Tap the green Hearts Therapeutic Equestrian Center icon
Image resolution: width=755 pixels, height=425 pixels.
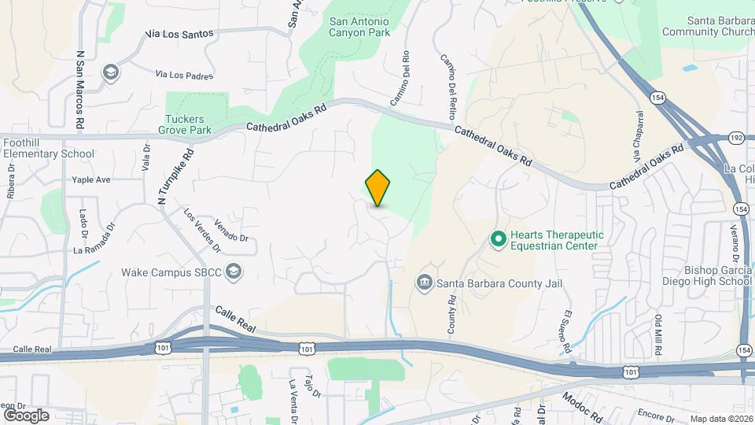click(498, 238)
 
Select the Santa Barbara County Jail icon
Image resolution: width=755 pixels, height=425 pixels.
click(424, 282)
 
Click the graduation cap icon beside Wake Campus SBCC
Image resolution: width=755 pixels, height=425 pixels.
click(233, 272)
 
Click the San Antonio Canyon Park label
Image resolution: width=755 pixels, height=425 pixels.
click(359, 26)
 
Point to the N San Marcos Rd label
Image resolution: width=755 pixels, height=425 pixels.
click(79, 91)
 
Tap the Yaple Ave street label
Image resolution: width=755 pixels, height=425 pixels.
click(91, 179)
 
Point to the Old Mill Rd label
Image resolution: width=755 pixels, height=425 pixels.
click(658, 333)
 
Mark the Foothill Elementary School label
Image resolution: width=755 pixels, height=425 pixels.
click(49, 148)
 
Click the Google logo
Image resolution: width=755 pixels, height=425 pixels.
click(25, 416)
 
